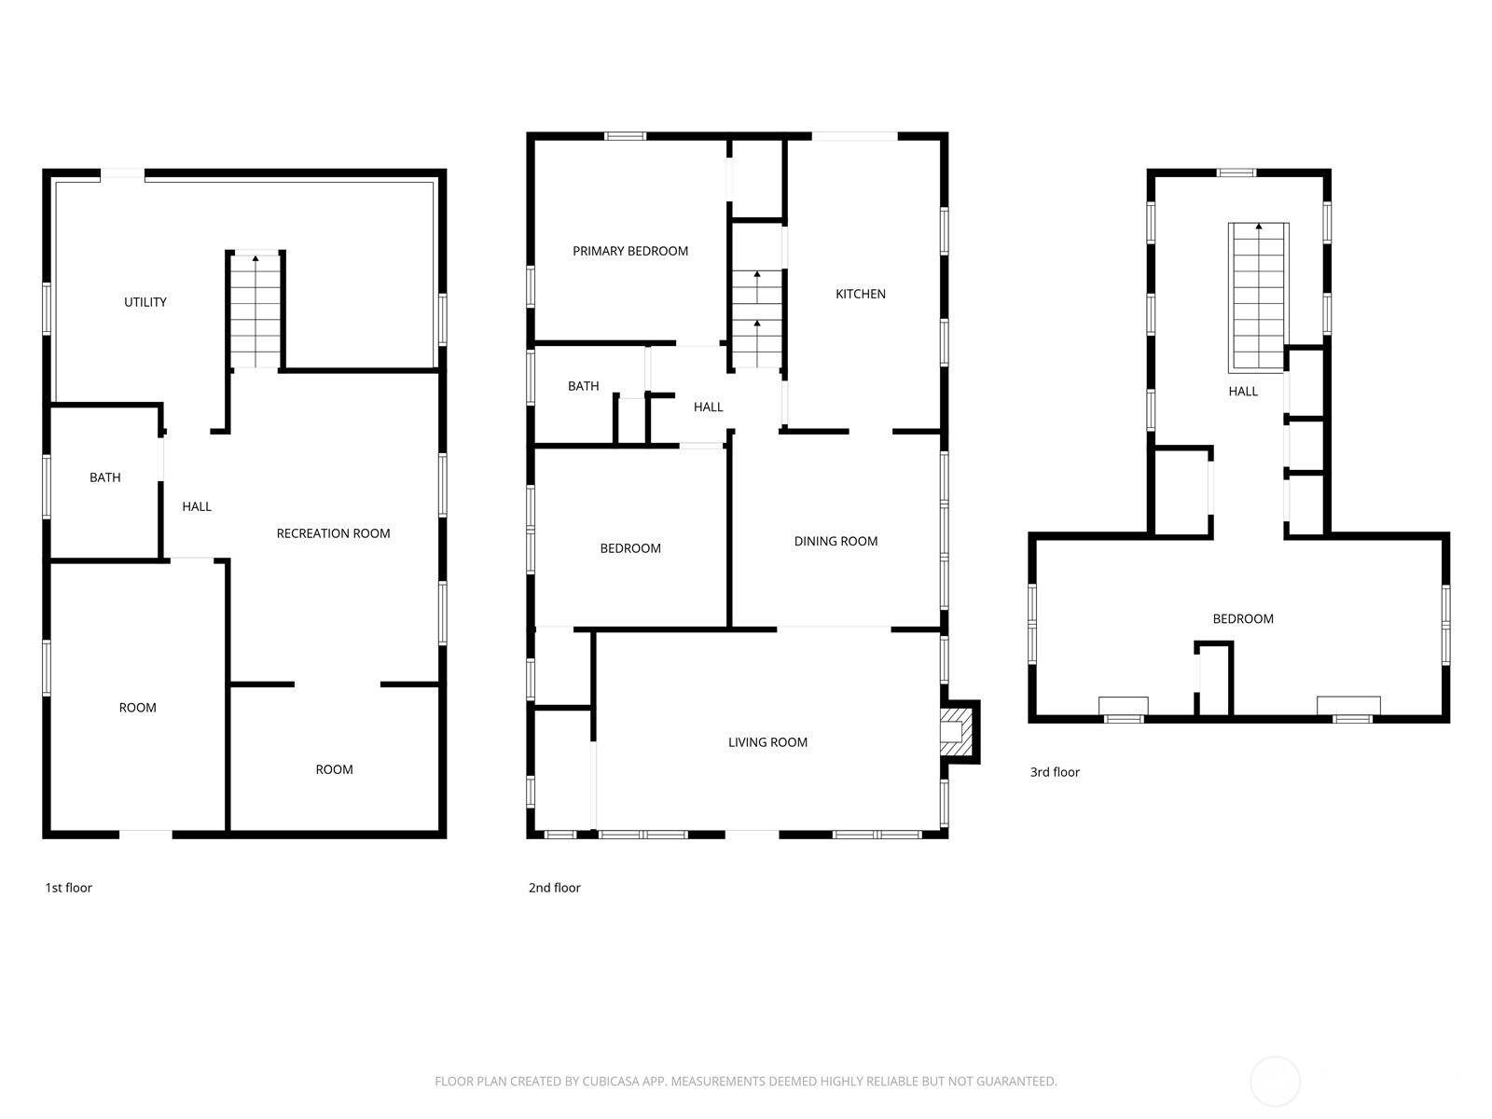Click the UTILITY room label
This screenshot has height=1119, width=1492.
[145, 302]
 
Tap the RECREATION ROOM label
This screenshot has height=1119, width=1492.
[333, 534]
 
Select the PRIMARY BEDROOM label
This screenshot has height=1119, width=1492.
[630, 252]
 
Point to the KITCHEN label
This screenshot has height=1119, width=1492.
[861, 294]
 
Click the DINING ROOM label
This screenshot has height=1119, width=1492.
[836, 542]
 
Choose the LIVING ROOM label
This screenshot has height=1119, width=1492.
[768, 742]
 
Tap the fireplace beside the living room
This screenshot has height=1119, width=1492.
[960, 732]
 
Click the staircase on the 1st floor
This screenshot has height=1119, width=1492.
[255, 311]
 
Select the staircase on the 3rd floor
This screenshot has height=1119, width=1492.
[1259, 297]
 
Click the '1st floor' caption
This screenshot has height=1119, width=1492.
[69, 888]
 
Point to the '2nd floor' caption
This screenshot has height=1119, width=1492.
[555, 888]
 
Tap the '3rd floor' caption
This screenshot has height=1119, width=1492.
[1055, 772]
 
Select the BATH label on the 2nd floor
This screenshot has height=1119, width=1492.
[583, 387]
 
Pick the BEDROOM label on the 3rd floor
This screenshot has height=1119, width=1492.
[1243, 619]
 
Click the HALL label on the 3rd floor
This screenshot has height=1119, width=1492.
[1243, 392]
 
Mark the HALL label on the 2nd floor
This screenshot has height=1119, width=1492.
[709, 407]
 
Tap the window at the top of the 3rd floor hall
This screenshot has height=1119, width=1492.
[1236, 173]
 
